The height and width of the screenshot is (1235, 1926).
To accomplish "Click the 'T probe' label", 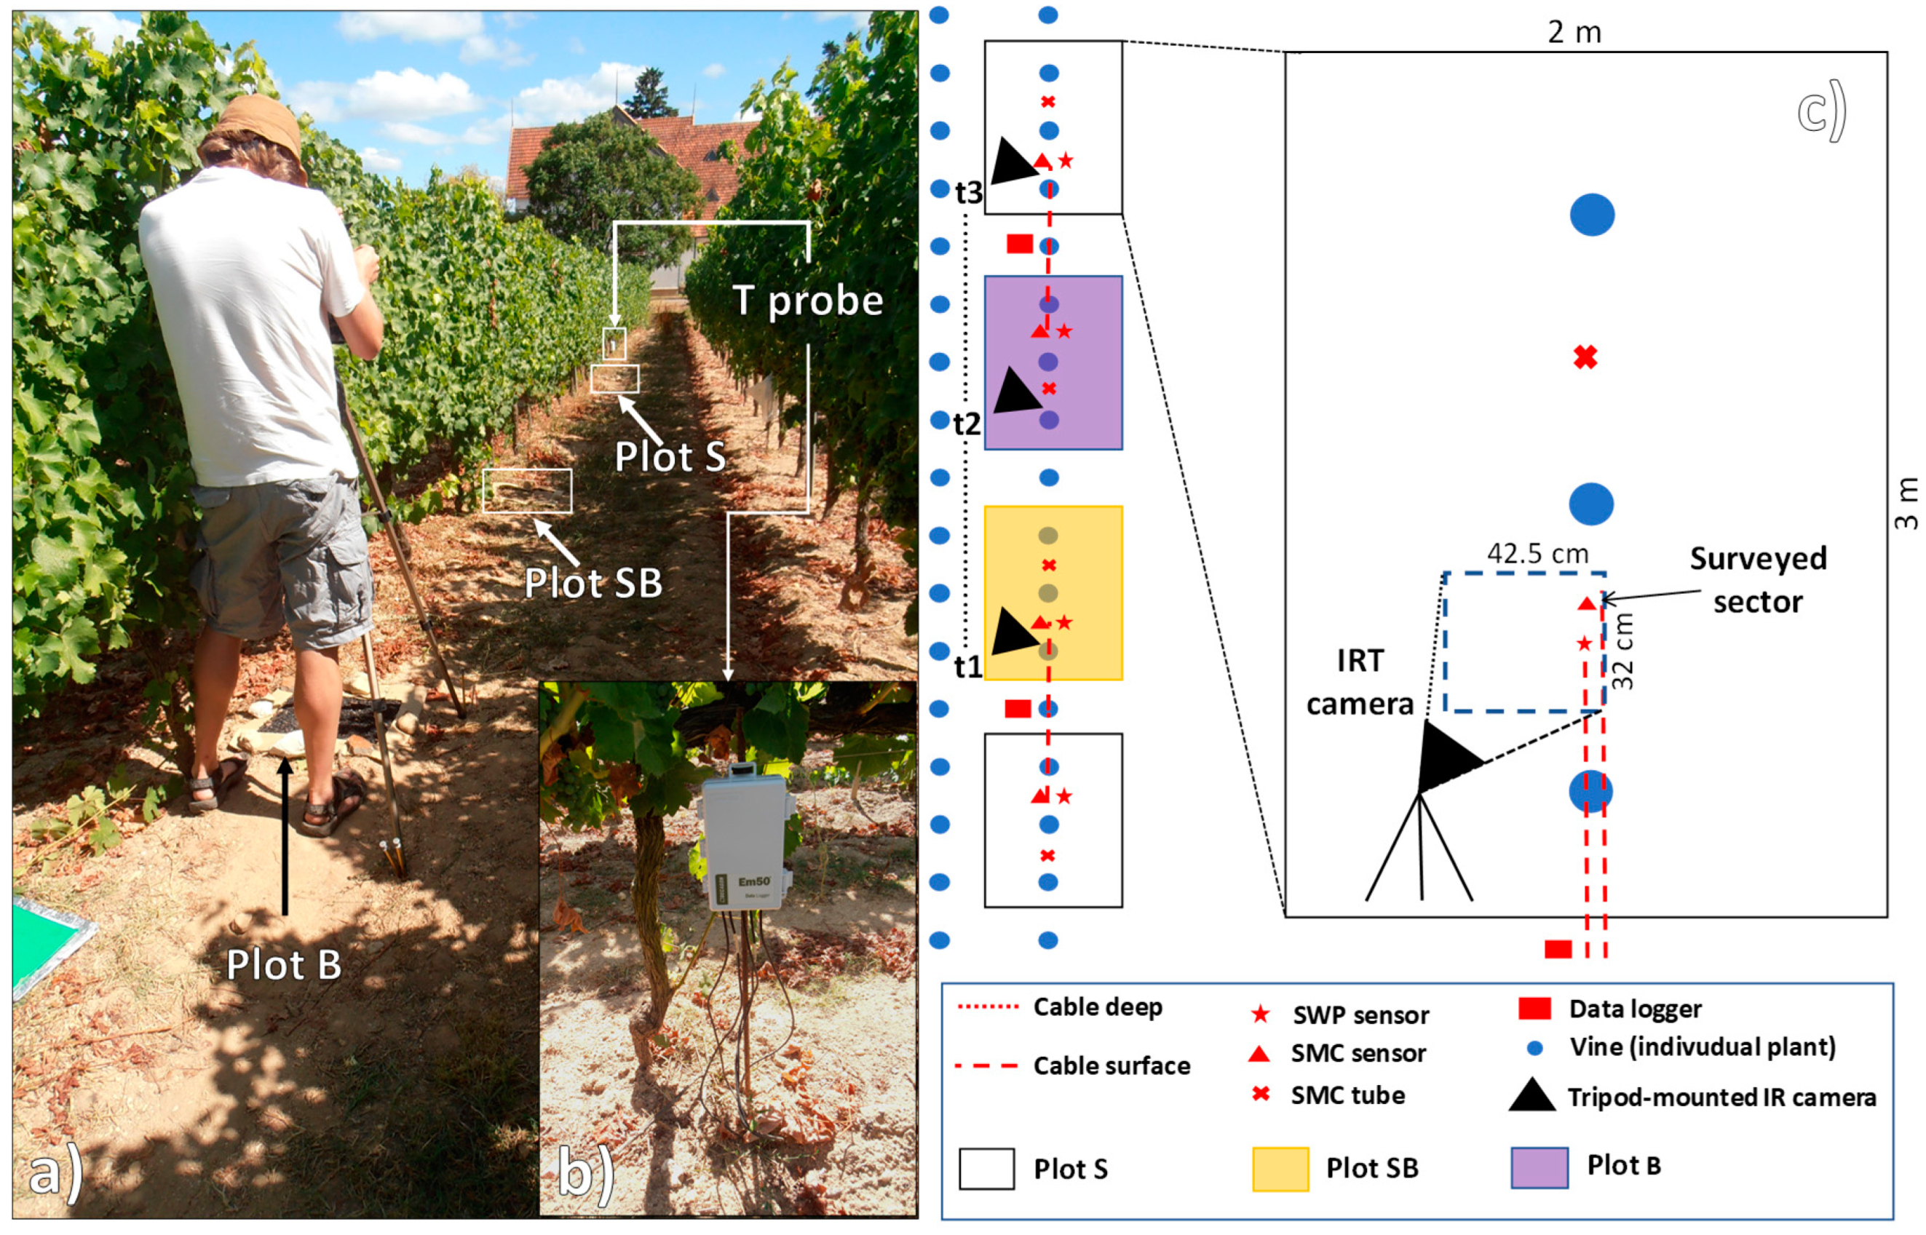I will (x=807, y=301).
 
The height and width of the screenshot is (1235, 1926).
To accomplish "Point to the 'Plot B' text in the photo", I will (x=283, y=965).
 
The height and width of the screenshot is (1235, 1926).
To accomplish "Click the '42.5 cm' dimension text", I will (x=1537, y=553).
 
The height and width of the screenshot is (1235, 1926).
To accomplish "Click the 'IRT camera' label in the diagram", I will (x=1360, y=683).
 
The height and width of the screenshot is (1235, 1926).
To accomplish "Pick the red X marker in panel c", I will (x=1585, y=357).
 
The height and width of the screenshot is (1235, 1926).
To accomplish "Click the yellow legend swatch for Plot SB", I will (x=1280, y=1169).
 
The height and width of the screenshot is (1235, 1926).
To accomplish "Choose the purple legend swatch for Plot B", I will (x=1539, y=1167).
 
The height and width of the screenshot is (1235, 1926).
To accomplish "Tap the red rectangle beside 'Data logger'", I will (x=1534, y=1008).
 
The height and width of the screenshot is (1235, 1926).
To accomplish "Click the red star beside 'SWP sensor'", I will (x=1260, y=1014).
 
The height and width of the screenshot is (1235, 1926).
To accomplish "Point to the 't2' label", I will (x=967, y=424).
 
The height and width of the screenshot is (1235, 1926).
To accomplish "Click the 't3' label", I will (x=968, y=194).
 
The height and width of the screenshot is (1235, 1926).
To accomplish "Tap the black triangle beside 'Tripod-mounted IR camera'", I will (x=1532, y=1095).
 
